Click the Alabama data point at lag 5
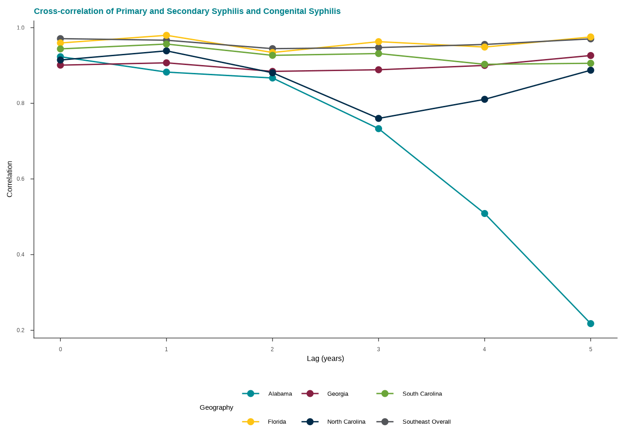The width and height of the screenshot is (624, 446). [x=591, y=324]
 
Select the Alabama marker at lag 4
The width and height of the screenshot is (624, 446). [x=485, y=214]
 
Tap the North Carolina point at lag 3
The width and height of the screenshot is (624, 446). [x=378, y=118]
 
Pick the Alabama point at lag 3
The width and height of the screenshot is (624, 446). [x=378, y=129]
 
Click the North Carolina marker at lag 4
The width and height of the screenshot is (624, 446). [x=485, y=99]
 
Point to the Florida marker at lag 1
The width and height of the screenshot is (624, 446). [x=166, y=35]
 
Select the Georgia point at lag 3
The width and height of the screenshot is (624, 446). [x=378, y=70]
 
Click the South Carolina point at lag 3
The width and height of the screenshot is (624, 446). [x=378, y=53]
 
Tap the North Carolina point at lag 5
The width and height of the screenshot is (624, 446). [x=591, y=70]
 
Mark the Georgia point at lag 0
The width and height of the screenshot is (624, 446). [x=60, y=65]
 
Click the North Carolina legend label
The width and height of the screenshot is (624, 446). [x=346, y=422]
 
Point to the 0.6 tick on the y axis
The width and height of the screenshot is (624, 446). [x=20, y=179]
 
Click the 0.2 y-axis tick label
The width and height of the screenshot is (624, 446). [x=20, y=330]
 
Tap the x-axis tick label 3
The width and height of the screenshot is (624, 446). [x=378, y=349]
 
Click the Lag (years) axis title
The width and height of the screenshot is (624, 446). [x=325, y=359]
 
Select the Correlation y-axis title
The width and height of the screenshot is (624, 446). [x=9, y=179]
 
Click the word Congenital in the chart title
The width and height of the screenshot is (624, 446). [x=284, y=11]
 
